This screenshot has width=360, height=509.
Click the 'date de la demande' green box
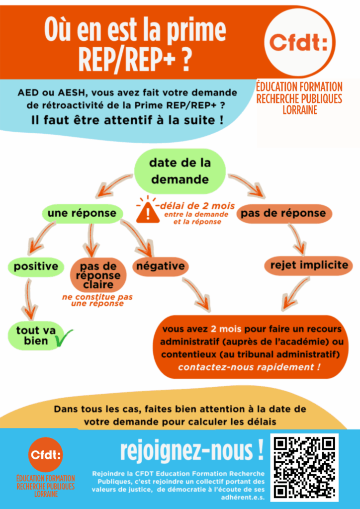point(180,170)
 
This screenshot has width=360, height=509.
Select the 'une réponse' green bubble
point(82,213)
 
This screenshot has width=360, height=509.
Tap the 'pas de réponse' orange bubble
point(283,213)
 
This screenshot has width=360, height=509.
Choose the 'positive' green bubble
point(36,266)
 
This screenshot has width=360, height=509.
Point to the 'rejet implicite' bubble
point(309,265)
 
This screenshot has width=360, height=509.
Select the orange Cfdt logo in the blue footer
point(46,454)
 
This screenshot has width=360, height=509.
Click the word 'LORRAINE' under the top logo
point(299,110)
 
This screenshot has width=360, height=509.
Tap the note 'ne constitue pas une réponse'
point(97,300)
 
